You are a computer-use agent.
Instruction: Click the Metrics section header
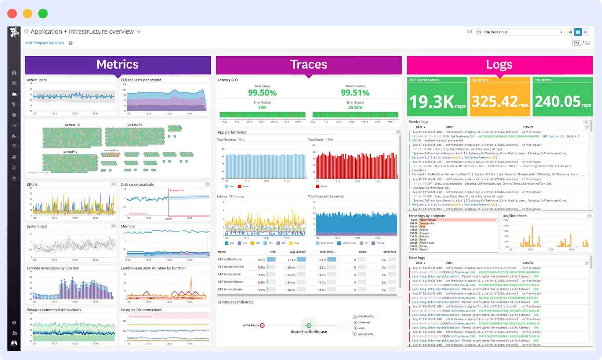117,65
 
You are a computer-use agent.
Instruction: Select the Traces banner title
308,65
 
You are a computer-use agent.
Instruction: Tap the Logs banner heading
499,65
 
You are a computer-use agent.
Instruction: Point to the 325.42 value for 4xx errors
494,101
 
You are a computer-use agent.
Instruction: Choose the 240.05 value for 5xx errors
558,101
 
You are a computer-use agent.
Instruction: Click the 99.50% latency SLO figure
262,93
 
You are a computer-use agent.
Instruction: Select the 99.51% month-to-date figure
355,93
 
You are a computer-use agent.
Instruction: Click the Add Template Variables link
45,43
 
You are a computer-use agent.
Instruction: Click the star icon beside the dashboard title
26,32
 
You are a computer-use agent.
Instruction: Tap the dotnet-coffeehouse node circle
309,326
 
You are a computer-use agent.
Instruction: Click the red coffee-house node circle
262,326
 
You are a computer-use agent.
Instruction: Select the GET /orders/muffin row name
231,267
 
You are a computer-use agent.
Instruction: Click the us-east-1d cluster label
135,125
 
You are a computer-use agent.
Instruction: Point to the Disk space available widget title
137,185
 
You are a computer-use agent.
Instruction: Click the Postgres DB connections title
141,310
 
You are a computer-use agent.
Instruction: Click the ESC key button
577,43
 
